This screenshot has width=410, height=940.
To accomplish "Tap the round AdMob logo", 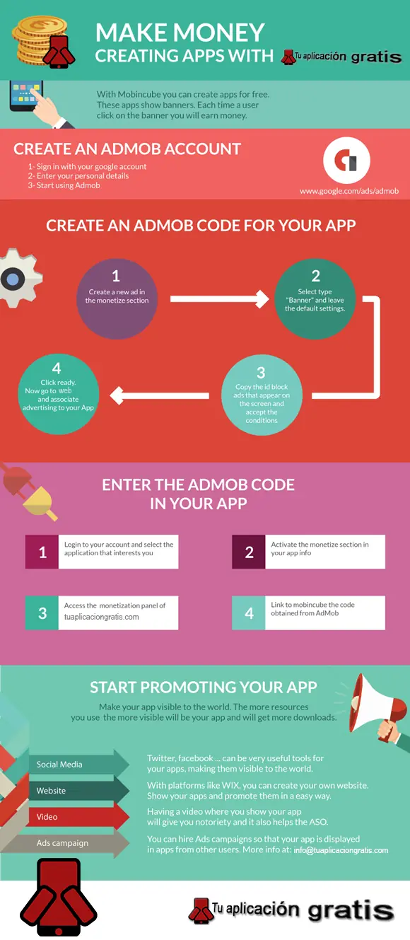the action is [346, 161].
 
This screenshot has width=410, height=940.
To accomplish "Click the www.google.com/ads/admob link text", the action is [348, 191].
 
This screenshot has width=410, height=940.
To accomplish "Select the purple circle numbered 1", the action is [117, 298].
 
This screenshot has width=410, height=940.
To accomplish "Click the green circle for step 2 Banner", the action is [315, 298].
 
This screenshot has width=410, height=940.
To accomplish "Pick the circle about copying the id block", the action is [262, 395].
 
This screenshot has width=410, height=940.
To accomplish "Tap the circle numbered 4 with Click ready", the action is [58, 394].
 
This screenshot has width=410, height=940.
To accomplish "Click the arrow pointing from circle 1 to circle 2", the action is [219, 298].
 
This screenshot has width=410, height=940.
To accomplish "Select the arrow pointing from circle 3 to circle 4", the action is [159, 395].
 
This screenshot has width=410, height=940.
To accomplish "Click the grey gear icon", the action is [19, 278].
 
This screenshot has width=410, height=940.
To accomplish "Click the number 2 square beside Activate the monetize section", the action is [249, 552].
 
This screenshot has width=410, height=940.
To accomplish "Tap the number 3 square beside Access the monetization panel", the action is [42, 613].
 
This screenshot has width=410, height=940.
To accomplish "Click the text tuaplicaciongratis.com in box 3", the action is [102, 617].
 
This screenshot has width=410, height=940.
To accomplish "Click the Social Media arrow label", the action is [59, 764].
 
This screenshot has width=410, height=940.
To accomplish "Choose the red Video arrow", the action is [78, 817].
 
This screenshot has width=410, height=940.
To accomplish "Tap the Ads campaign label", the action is [62, 842].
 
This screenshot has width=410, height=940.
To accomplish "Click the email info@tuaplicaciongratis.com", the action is [341, 850].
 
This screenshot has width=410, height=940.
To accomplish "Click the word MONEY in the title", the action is [218, 33].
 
